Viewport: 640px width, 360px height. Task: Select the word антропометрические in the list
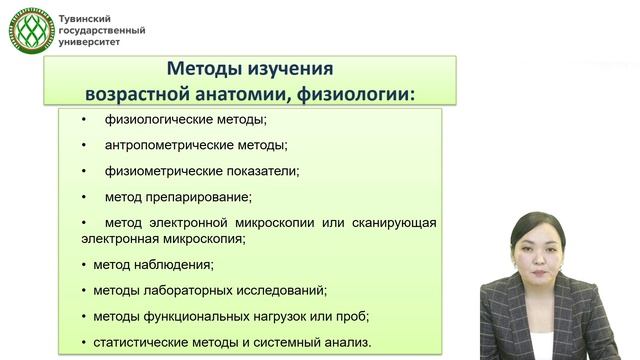[166, 146]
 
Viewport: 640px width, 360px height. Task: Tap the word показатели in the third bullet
[262, 171]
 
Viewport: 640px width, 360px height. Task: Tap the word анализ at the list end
[346, 342]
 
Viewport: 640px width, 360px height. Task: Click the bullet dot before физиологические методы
[86, 121]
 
